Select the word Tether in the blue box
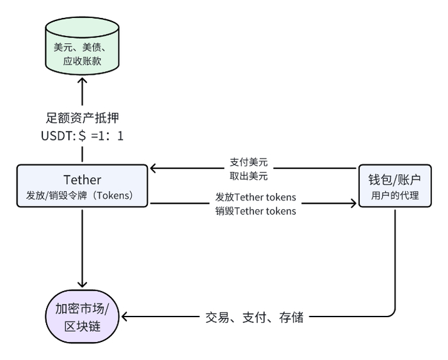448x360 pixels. point(82,180)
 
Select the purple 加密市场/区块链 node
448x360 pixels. point(82,317)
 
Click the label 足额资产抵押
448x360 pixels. point(82,118)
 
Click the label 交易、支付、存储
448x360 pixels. point(254,317)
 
